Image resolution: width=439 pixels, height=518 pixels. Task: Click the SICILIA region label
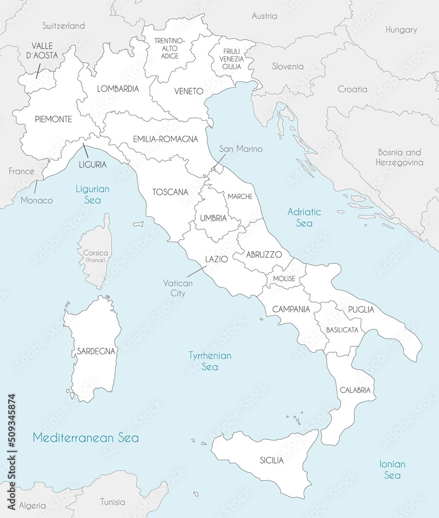(272, 460)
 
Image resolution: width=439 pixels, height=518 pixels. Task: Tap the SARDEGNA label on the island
(95, 351)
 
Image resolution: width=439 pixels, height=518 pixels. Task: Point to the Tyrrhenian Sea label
(209, 361)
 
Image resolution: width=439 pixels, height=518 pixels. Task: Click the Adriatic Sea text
(304, 217)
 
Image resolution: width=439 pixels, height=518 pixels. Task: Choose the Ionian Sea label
(392, 469)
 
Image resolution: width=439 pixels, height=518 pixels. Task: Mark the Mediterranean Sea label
(86, 438)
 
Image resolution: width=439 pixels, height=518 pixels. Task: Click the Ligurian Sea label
(92, 194)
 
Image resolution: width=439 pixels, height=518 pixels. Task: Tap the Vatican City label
(178, 288)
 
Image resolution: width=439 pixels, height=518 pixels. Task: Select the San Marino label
(240, 149)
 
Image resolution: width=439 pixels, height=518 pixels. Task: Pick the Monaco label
(37, 200)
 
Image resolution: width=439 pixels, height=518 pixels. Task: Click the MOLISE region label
(284, 279)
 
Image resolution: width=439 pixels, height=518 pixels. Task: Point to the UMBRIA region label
(214, 219)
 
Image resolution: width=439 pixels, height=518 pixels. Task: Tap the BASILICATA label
(342, 329)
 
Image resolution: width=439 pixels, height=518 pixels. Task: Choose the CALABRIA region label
(355, 390)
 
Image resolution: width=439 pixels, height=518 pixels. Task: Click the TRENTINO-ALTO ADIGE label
(166, 48)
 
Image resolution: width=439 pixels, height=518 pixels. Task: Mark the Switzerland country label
(63, 25)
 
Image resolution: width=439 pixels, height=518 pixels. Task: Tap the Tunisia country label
(112, 501)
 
